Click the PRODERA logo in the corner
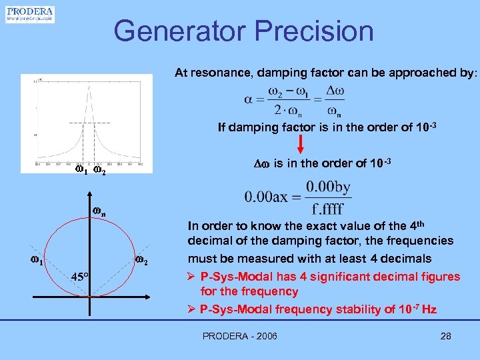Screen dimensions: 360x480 pos(30,15)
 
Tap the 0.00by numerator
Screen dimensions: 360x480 pos(329,187)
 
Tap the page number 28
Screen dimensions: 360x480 pos(446,336)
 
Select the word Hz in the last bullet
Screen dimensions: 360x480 pos(429,309)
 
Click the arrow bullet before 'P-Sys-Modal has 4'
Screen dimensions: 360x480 pos(193,276)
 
